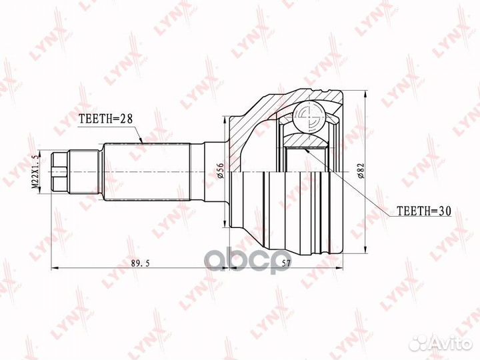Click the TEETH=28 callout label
coord(106,119)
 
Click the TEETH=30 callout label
coord(424,211)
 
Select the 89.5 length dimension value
coord(140,263)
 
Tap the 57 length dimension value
coord(285,263)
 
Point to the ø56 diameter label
coord(221,171)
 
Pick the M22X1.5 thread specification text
coord(36,172)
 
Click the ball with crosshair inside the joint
coord(309,118)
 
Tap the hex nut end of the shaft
coord(59,172)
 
